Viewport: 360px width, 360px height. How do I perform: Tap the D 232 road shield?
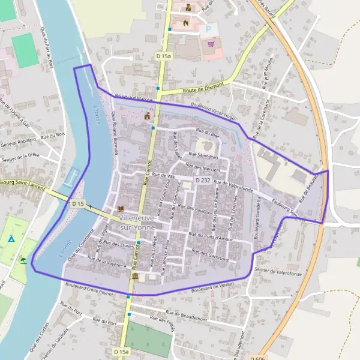tap(202, 180)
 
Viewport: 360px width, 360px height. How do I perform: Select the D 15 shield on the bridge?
tap(77, 204)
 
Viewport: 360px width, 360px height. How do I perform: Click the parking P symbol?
tap(209, 28)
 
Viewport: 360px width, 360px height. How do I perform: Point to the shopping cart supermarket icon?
tap(211, 43)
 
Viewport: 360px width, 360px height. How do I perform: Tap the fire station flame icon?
tap(185, 23)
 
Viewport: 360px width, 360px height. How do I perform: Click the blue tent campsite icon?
tap(11, 239)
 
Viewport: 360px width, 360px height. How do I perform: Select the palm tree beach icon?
tap(23, 261)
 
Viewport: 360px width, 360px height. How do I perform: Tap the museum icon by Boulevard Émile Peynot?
tap(134, 276)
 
